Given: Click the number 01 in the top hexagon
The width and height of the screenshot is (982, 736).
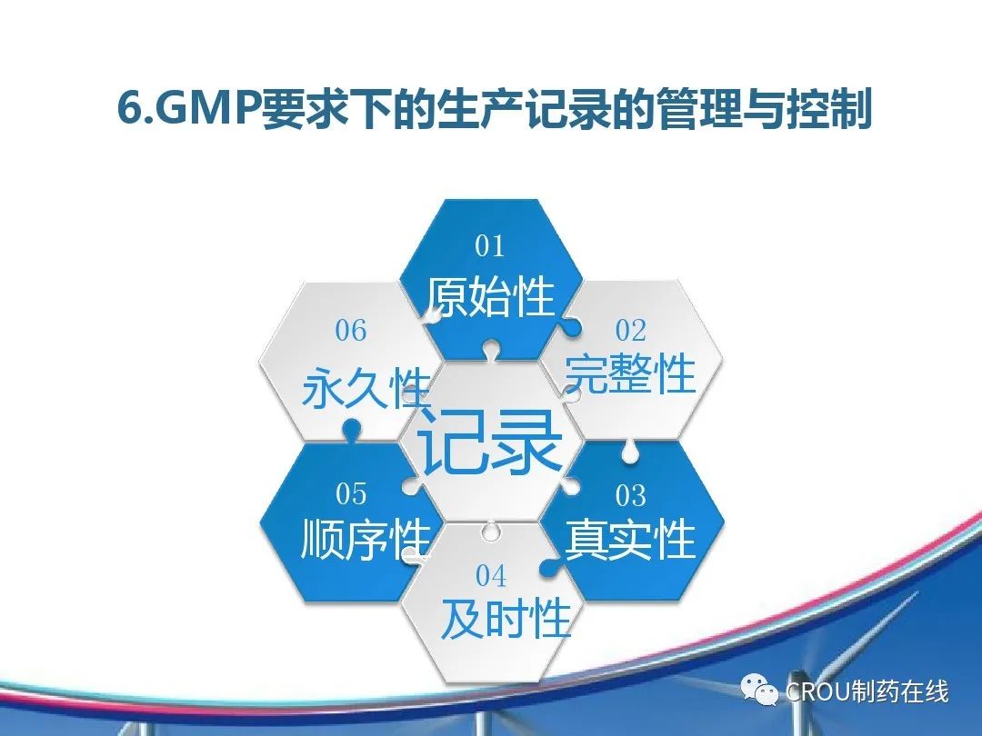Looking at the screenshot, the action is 490,245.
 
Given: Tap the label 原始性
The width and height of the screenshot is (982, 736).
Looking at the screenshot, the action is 490,295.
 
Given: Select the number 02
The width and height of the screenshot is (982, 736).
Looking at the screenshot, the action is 631,331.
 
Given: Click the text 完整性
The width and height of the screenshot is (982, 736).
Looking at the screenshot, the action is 630,373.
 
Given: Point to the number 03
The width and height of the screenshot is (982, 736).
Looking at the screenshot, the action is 631,496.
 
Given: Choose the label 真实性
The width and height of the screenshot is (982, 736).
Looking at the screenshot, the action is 630,539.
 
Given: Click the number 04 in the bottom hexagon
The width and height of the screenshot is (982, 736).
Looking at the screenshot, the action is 490,576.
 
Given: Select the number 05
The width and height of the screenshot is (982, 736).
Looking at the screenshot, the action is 351,493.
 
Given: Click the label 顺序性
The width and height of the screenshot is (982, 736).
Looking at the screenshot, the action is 366,539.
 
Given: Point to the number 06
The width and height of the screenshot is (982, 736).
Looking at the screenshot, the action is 351,331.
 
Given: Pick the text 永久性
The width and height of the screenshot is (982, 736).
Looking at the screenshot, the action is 366,388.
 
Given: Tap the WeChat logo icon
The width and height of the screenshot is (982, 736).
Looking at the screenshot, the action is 759,690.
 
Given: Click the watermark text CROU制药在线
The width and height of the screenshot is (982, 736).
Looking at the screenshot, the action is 867,691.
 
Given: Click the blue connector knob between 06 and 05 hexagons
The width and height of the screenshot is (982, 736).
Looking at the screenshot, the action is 351,429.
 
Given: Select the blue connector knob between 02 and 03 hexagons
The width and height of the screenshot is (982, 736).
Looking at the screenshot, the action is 630,452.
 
